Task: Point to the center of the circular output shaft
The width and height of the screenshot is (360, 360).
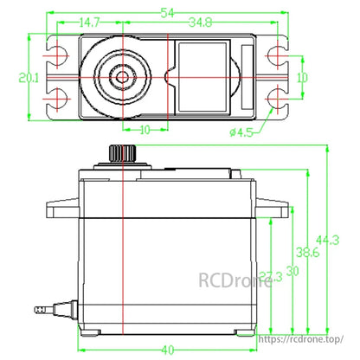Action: (x=123, y=79)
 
